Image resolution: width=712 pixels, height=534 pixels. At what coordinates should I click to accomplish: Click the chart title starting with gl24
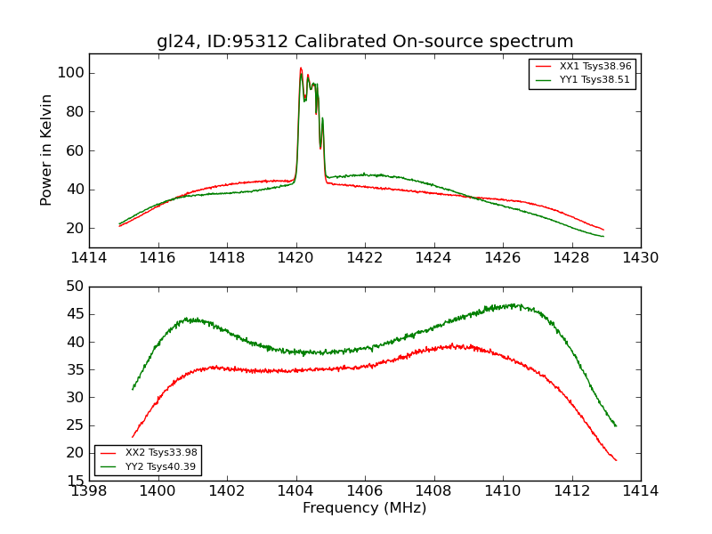click(365, 42)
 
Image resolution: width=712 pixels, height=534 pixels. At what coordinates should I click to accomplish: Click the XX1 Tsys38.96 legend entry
click(595, 67)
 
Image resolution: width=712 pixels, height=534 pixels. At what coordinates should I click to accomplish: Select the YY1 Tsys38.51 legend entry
click(595, 80)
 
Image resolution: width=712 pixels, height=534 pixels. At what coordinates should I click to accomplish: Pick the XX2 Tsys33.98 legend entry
click(161, 453)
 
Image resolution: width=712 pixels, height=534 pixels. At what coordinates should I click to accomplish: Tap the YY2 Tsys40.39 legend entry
click(161, 466)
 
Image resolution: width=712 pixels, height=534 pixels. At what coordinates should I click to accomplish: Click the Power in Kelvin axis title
click(47, 150)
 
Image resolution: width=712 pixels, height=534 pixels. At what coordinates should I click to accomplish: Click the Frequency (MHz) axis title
click(365, 508)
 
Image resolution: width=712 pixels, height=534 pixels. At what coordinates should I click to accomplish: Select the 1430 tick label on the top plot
click(640, 257)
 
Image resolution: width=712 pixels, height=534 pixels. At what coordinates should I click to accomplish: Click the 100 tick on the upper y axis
click(71, 73)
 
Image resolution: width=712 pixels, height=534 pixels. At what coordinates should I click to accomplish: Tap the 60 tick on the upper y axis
click(75, 150)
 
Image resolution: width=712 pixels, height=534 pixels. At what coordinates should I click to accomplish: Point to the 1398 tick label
click(89, 490)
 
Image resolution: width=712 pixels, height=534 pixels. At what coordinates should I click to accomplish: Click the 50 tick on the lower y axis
click(75, 287)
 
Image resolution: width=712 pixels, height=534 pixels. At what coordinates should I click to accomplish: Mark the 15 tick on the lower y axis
click(75, 481)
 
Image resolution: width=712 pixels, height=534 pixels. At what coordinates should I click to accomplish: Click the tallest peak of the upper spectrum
click(301, 69)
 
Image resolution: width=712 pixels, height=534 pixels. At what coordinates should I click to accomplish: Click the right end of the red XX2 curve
click(616, 460)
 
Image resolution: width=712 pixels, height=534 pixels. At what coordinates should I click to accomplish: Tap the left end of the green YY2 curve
click(133, 389)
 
